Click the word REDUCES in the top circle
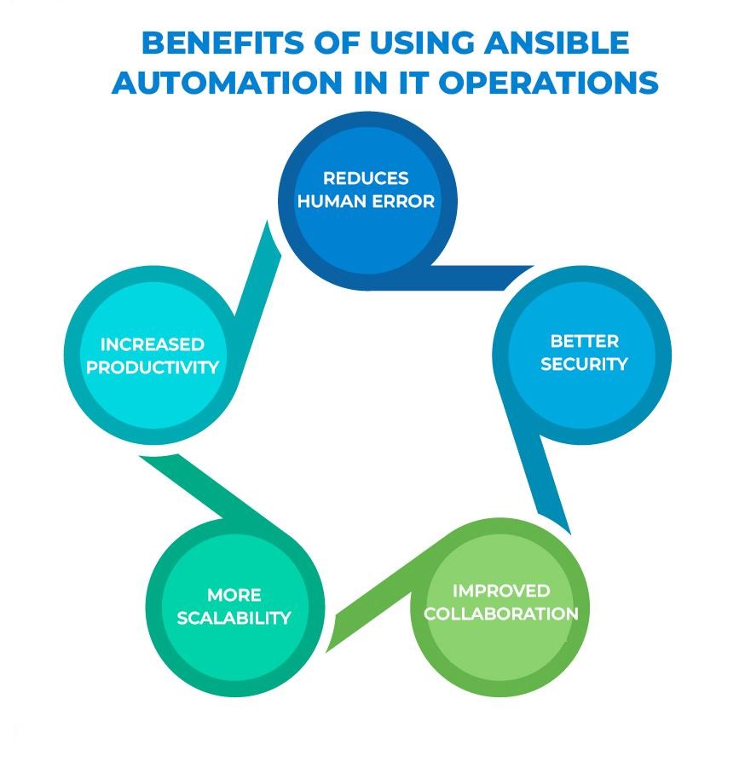pos(366,178)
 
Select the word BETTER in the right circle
pos(584,341)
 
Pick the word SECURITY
pos(584,364)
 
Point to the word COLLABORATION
pos(501,614)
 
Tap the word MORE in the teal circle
pos(234,595)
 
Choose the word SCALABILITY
pos(234,618)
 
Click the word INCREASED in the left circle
pos(153,344)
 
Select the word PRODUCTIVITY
pos(153,367)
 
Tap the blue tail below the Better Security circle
pos(550,486)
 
